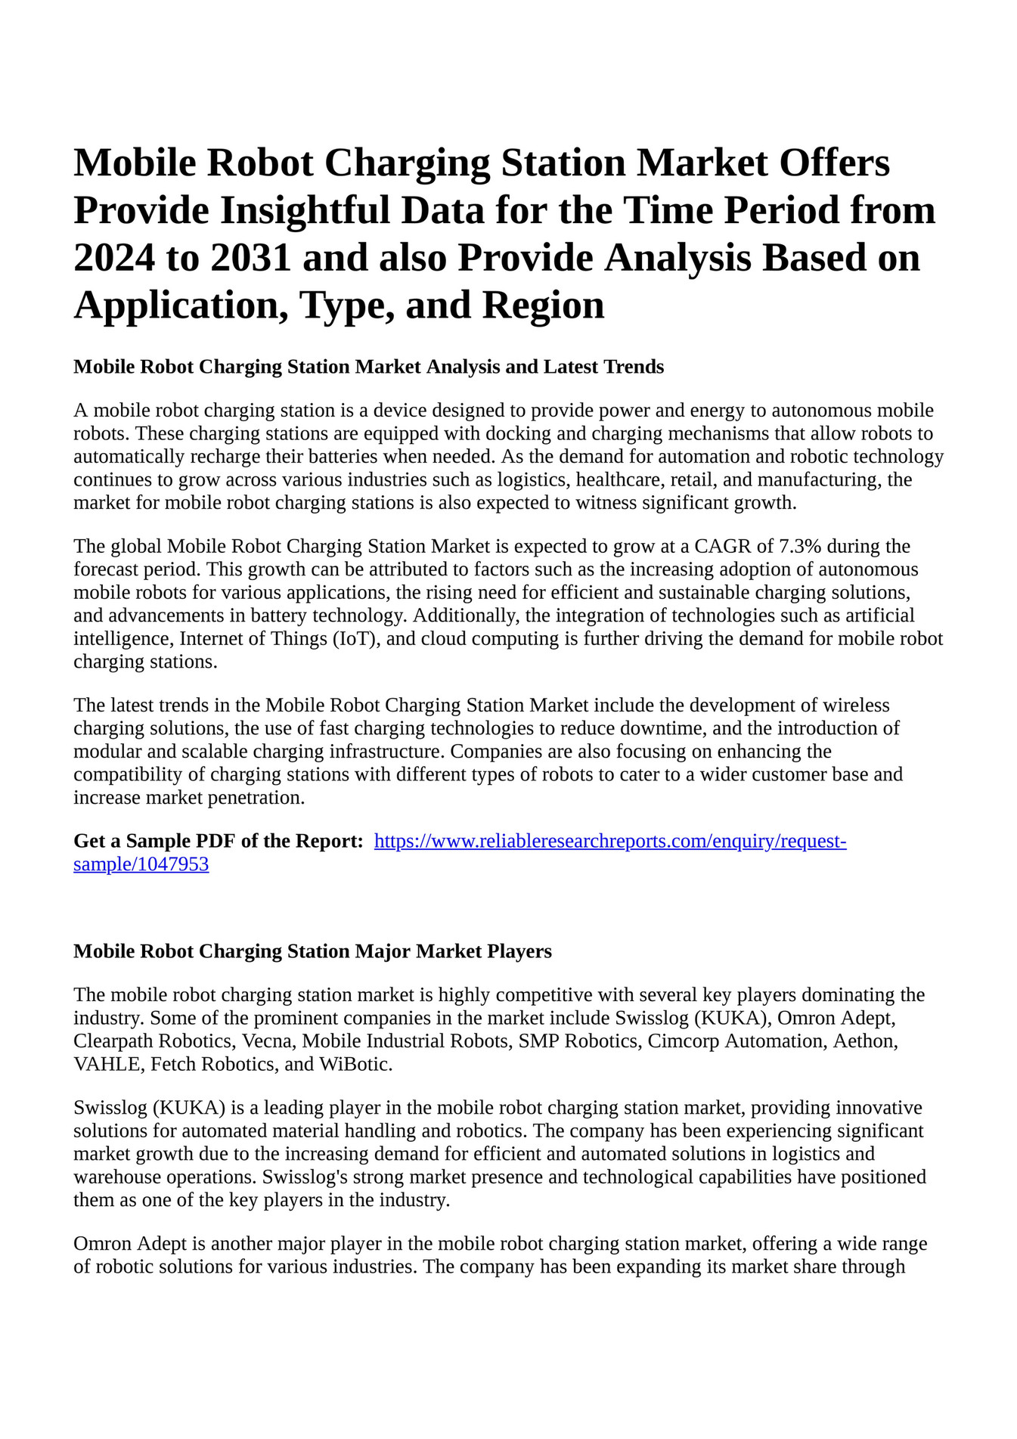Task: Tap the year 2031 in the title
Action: click(x=251, y=259)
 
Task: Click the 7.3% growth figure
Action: click(x=799, y=546)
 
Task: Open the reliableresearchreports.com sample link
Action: click(x=609, y=841)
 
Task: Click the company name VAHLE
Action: click(x=109, y=1064)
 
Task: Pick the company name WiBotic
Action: click(x=355, y=1064)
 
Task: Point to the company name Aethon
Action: click(x=866, y=1040)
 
